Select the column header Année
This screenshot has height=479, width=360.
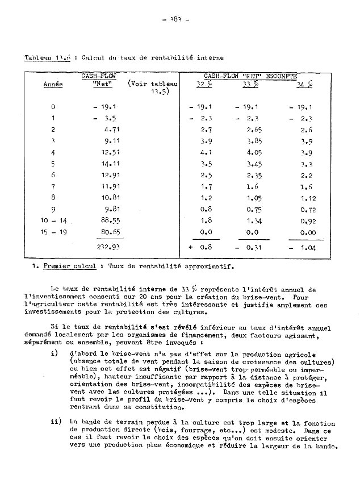pyautogui.click(x=53, y=85)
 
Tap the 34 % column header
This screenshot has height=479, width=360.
pyautogui.click(x=305, y=85)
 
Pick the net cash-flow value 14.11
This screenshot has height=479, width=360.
pyautogui.click(x=106, y=164)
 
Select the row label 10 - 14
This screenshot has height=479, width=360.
pyautogui.click(x=53, y=219)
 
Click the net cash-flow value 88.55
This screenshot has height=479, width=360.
pyautogui.click(x=106, y=219)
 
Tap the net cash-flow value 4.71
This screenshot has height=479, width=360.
pyautogui.click(x=107, y=130)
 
